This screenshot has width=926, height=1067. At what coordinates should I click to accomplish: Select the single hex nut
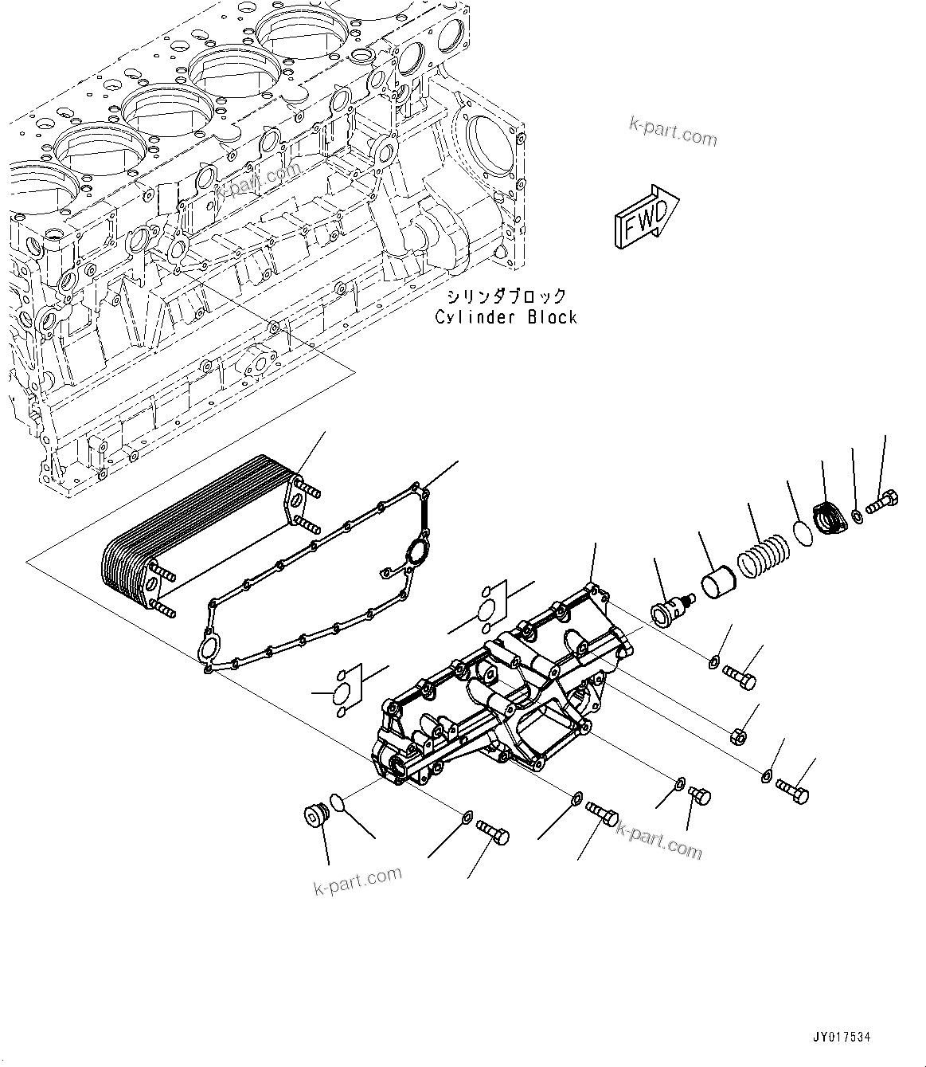[737, 736]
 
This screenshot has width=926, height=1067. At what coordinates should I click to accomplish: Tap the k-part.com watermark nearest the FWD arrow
[673, 131]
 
